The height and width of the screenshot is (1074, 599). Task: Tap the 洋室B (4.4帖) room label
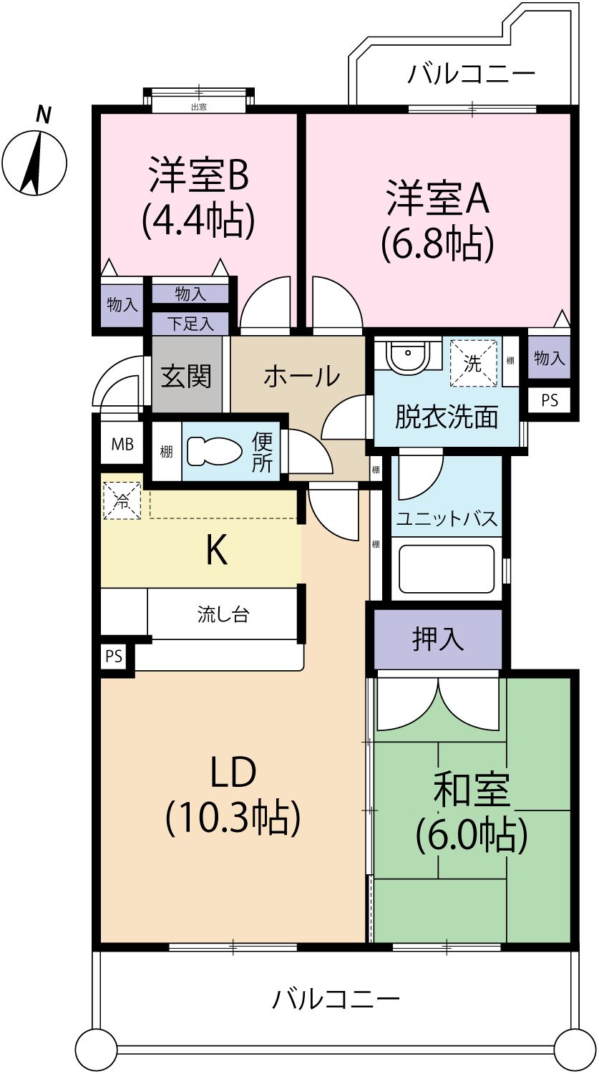click(x=198, y=197)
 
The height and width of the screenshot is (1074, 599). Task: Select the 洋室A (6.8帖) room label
click(x=437, y=221)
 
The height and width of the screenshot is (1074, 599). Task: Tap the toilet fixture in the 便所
click(x=215, y=452)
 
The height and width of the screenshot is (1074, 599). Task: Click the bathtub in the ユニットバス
click(x=447, y=569)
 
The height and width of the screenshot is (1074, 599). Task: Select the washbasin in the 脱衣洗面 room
click(x=407, y=355)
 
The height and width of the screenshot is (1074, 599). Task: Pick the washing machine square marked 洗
click(x=473, y=362)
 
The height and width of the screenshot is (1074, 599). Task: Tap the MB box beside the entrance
click(x=122, y=444)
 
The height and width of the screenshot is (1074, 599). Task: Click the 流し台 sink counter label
click(x=223, y=614)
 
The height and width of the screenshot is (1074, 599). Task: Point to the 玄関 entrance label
click(x=186, y=377)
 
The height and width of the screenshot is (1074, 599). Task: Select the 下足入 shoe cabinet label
click(x=191, y=324)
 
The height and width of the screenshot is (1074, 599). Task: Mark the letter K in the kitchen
click(x=216, y=551)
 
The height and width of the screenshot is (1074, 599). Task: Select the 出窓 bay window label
click(x=199, y=107)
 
